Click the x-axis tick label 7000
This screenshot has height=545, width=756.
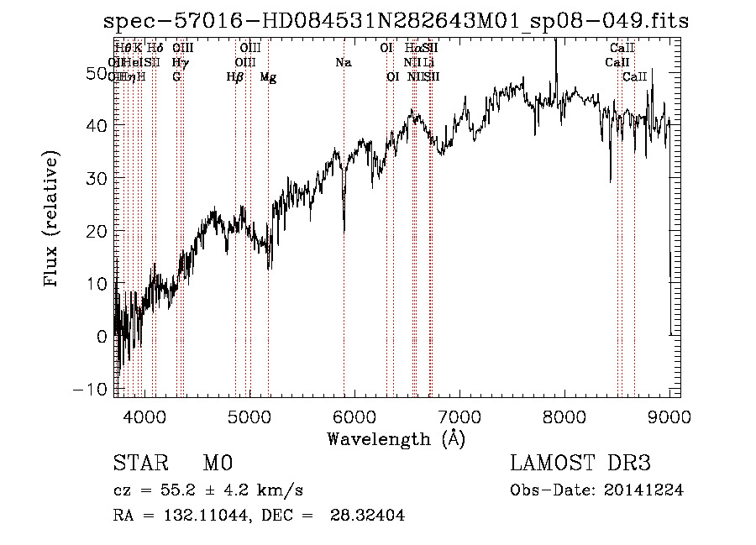tap(459, 416)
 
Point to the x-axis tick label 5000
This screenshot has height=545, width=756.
tap(249, 416)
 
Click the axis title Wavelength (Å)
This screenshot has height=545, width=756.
tap(396, 438)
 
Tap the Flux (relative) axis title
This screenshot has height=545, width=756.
tap(53, 220)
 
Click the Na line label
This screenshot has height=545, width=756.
tap(343, 63)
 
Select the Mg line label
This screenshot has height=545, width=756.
tap(268, 77)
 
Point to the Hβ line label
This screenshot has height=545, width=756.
tap(235, 77)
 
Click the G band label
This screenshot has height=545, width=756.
tap(176, 77)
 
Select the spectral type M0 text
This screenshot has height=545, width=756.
tap(217, 464)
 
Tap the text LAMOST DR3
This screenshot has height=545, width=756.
tap(580, 464)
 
